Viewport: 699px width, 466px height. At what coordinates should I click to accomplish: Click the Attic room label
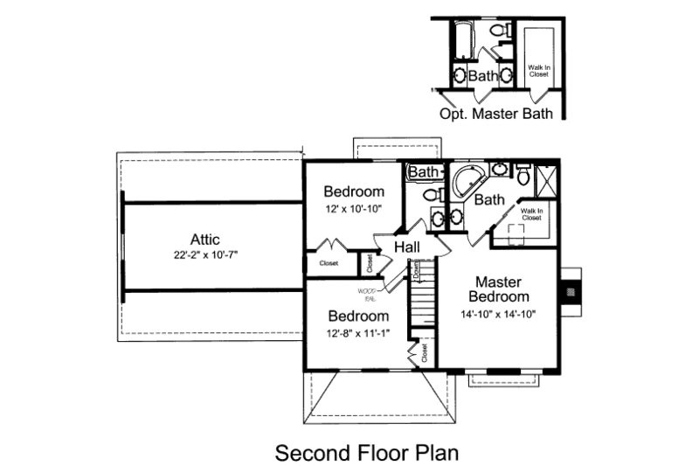(x=204, y=239)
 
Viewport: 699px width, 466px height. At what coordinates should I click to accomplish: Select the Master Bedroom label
(x=498, y=289)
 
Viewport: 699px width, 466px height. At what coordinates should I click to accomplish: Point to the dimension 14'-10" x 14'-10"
(x=498, y=314)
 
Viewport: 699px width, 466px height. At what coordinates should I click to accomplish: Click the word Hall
(x=407, y=247)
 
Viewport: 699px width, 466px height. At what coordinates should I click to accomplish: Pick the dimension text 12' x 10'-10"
(x=354, y=209)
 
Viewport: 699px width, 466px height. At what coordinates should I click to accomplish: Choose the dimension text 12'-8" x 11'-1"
(x=358, y=333)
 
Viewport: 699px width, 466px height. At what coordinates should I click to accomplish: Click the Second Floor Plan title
(x=367, y=454)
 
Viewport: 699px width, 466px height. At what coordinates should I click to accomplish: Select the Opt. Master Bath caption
(x=496, y=114)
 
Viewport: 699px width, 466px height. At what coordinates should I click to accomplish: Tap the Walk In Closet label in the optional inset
(x=538, y=70)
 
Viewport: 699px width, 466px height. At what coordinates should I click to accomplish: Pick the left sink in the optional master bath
(x=460, y=75)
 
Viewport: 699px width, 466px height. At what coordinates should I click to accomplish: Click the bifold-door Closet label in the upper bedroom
(x=329, y=263)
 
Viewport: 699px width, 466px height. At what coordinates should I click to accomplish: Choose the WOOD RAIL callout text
(x=366, y=294)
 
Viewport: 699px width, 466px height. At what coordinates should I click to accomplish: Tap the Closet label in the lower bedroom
(x=425, y=352)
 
